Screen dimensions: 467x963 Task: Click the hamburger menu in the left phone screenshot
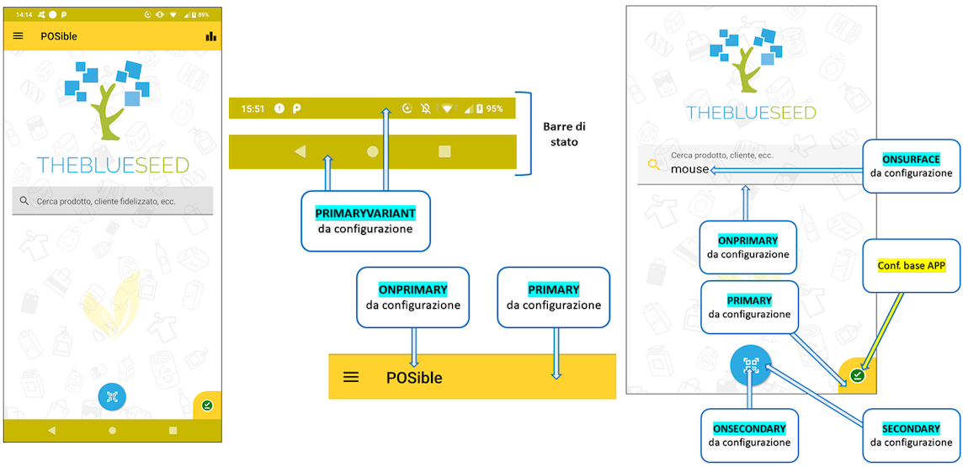click(x=19, y=36)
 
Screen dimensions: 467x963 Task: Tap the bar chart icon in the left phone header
click(x=210, y=36)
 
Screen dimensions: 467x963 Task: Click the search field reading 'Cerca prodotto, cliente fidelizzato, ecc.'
click(x=113, y=201)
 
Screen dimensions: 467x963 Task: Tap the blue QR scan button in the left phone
click(x=112, y=396)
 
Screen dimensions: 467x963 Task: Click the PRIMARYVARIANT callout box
click(x=365, y=220)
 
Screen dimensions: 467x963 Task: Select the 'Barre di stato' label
click(x=564, y=135)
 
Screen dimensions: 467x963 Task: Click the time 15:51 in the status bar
click(x=253, y=109)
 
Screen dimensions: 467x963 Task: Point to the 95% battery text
click(x=494, y=109)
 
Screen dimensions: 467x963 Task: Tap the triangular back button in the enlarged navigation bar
click(x=300, y=151)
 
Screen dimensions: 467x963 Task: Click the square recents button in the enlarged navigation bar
click(x=444, y=151)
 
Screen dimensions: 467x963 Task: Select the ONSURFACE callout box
click(x=911, y=165)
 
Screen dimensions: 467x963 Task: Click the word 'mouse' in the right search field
click(x=689, y=169)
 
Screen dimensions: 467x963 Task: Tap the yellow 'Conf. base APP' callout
click(x=911, y=265)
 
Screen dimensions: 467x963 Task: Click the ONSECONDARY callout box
click(x=748, y=435)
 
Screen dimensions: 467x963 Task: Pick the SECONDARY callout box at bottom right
click(x=911, y=435)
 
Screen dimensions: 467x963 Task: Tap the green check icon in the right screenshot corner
click(x=857, y=375)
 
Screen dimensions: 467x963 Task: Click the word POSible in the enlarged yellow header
click(x=414, y=378)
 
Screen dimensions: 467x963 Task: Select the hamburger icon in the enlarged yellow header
click(x=351, y=377)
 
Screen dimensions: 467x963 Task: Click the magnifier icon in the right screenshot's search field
click(x=653, y=165)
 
